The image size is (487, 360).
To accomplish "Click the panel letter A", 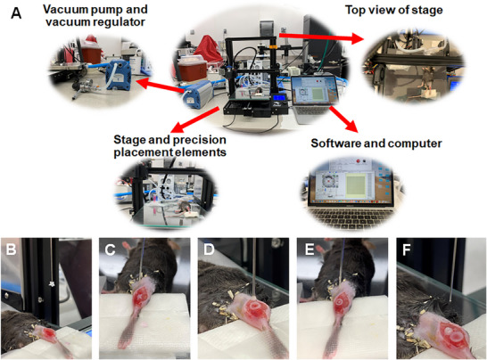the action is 16,13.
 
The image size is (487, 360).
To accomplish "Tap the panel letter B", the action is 11,250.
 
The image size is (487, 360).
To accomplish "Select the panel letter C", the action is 110,250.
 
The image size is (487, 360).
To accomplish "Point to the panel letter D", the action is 209,250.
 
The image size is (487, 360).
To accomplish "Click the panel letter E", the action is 310,250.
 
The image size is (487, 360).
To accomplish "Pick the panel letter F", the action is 407,250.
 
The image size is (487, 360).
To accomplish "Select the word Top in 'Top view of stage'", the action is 356,10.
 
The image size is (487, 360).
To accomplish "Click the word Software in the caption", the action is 335,143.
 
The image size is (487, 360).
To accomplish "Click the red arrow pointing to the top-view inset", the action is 321,37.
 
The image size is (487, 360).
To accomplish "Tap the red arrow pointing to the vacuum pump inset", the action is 161,86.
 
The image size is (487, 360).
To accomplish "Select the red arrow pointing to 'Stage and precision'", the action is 195,120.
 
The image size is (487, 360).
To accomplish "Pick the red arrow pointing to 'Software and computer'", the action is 343,119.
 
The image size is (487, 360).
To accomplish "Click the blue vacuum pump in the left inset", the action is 118,75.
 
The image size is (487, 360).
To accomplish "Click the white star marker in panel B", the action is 51,284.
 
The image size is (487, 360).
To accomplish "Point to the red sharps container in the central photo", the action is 191,70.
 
